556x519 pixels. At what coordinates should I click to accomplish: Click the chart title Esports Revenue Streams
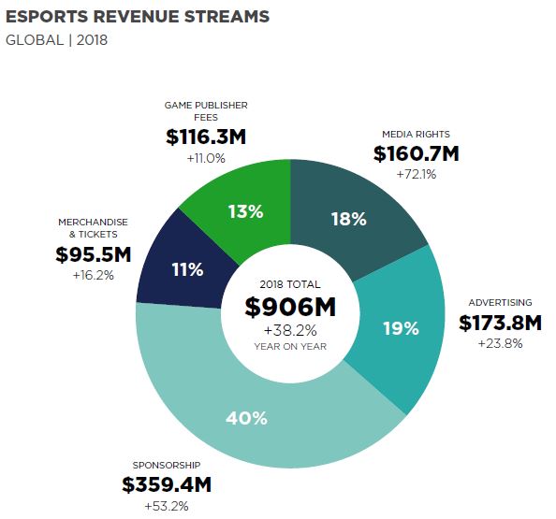[138, 17]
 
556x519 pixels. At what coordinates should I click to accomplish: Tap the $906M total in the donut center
[290, 307]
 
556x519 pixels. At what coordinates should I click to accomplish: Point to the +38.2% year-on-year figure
[290, 330]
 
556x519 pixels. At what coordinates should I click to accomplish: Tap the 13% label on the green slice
[245, 210]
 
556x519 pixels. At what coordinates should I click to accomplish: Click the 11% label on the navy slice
[186, 269]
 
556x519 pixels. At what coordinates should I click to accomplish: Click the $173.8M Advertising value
[500, 324]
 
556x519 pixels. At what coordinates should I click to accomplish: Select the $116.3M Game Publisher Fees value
[206, 137]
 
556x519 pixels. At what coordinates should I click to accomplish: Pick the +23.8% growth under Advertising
[500, 344]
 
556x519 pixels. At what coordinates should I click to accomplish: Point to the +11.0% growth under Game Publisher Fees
[206, 158]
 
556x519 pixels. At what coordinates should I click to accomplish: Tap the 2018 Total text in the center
[290, 283]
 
